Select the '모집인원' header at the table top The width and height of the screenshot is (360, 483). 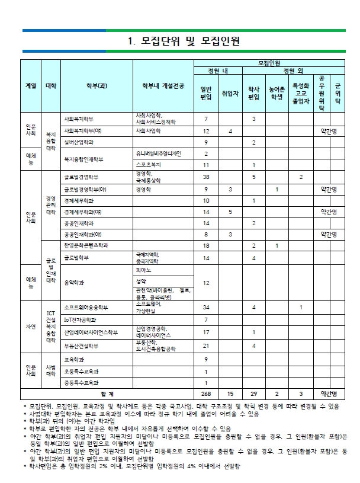point(269,62)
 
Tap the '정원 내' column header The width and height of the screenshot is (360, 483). point(217,71)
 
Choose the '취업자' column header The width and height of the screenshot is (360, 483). point(230,94)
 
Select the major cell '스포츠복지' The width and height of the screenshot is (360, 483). point(146,165)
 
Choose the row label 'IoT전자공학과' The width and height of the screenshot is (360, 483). point(80,320)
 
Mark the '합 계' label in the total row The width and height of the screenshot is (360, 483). point(107,394)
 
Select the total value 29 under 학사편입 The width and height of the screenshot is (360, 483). point(253,394)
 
